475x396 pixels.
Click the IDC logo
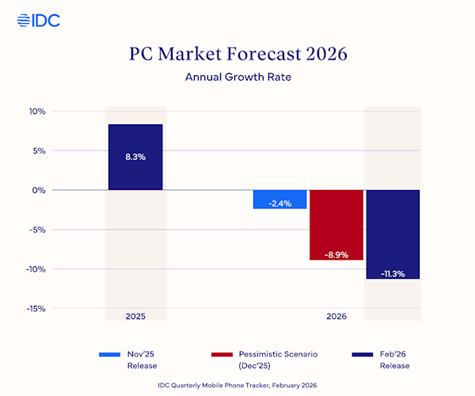click(38, 20)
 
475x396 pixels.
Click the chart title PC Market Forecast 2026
click(237, 55)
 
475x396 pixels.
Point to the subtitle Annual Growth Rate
click(237, 78)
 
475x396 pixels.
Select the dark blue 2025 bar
click(135, 157)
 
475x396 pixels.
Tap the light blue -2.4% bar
click(279, 199)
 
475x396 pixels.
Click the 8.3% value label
click(135, 157)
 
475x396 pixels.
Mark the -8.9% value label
click(336, 254)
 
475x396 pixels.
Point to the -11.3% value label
click(393, 273)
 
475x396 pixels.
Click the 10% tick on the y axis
click(36, 112)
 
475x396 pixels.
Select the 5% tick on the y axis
click(38, 150)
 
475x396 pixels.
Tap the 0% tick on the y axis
click(39, 190)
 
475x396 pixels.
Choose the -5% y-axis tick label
click(36, 230)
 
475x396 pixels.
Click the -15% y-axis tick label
click(36, 309)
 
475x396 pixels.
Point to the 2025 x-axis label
click(135, 316)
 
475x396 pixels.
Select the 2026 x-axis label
click(336, 316)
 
